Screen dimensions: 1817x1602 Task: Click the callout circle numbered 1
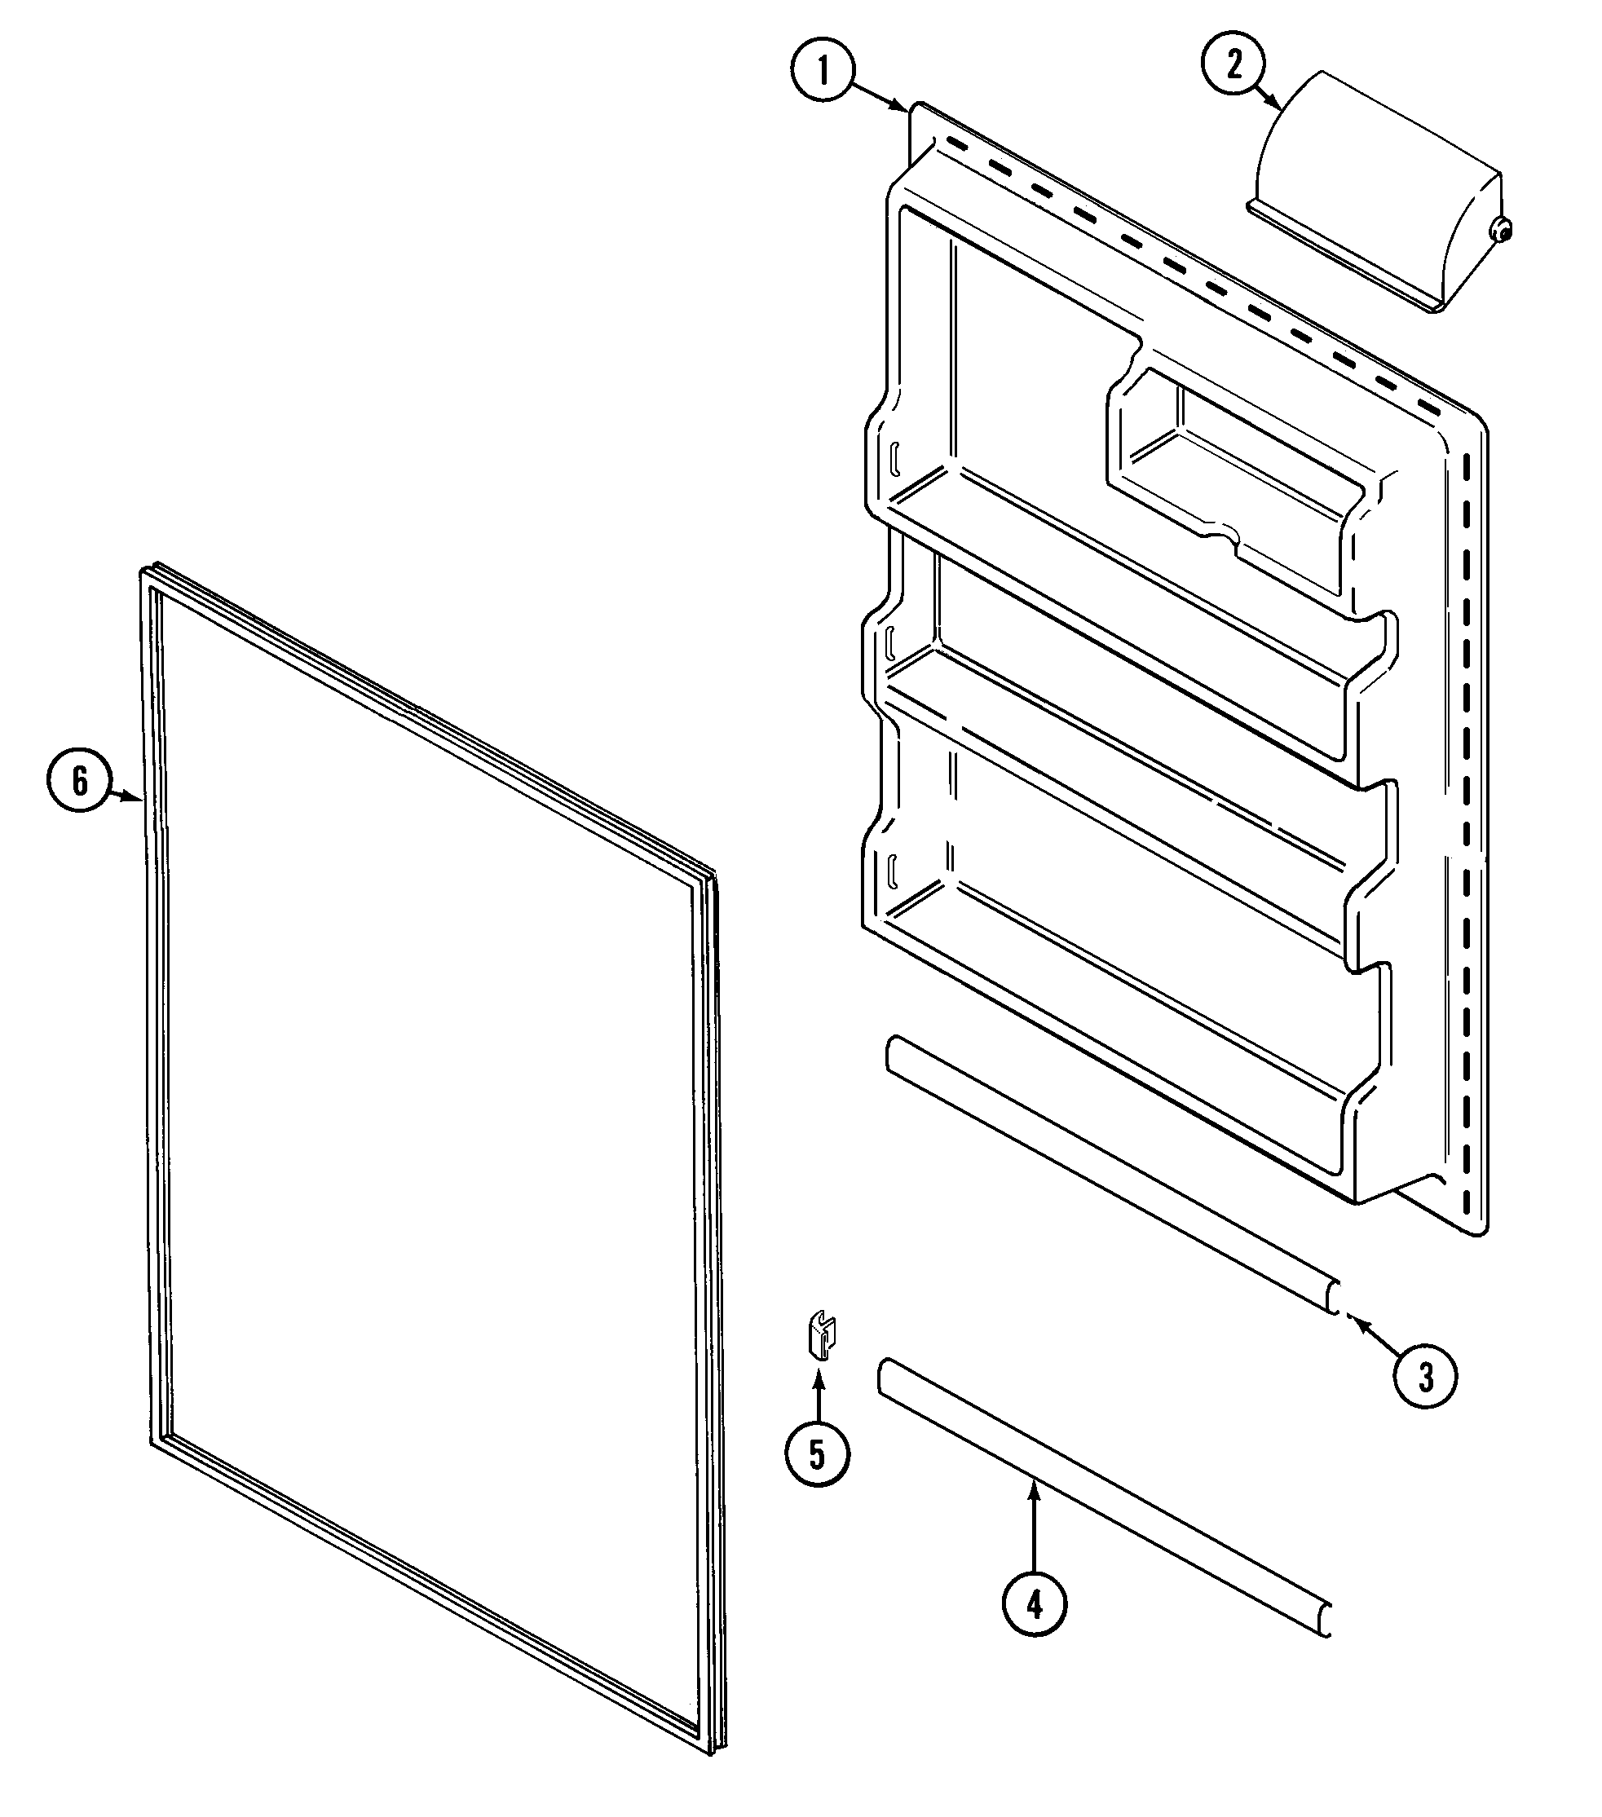[823, 72]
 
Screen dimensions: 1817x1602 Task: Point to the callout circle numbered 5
[817, 1454]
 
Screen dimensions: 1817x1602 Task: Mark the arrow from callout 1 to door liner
[880, 97]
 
